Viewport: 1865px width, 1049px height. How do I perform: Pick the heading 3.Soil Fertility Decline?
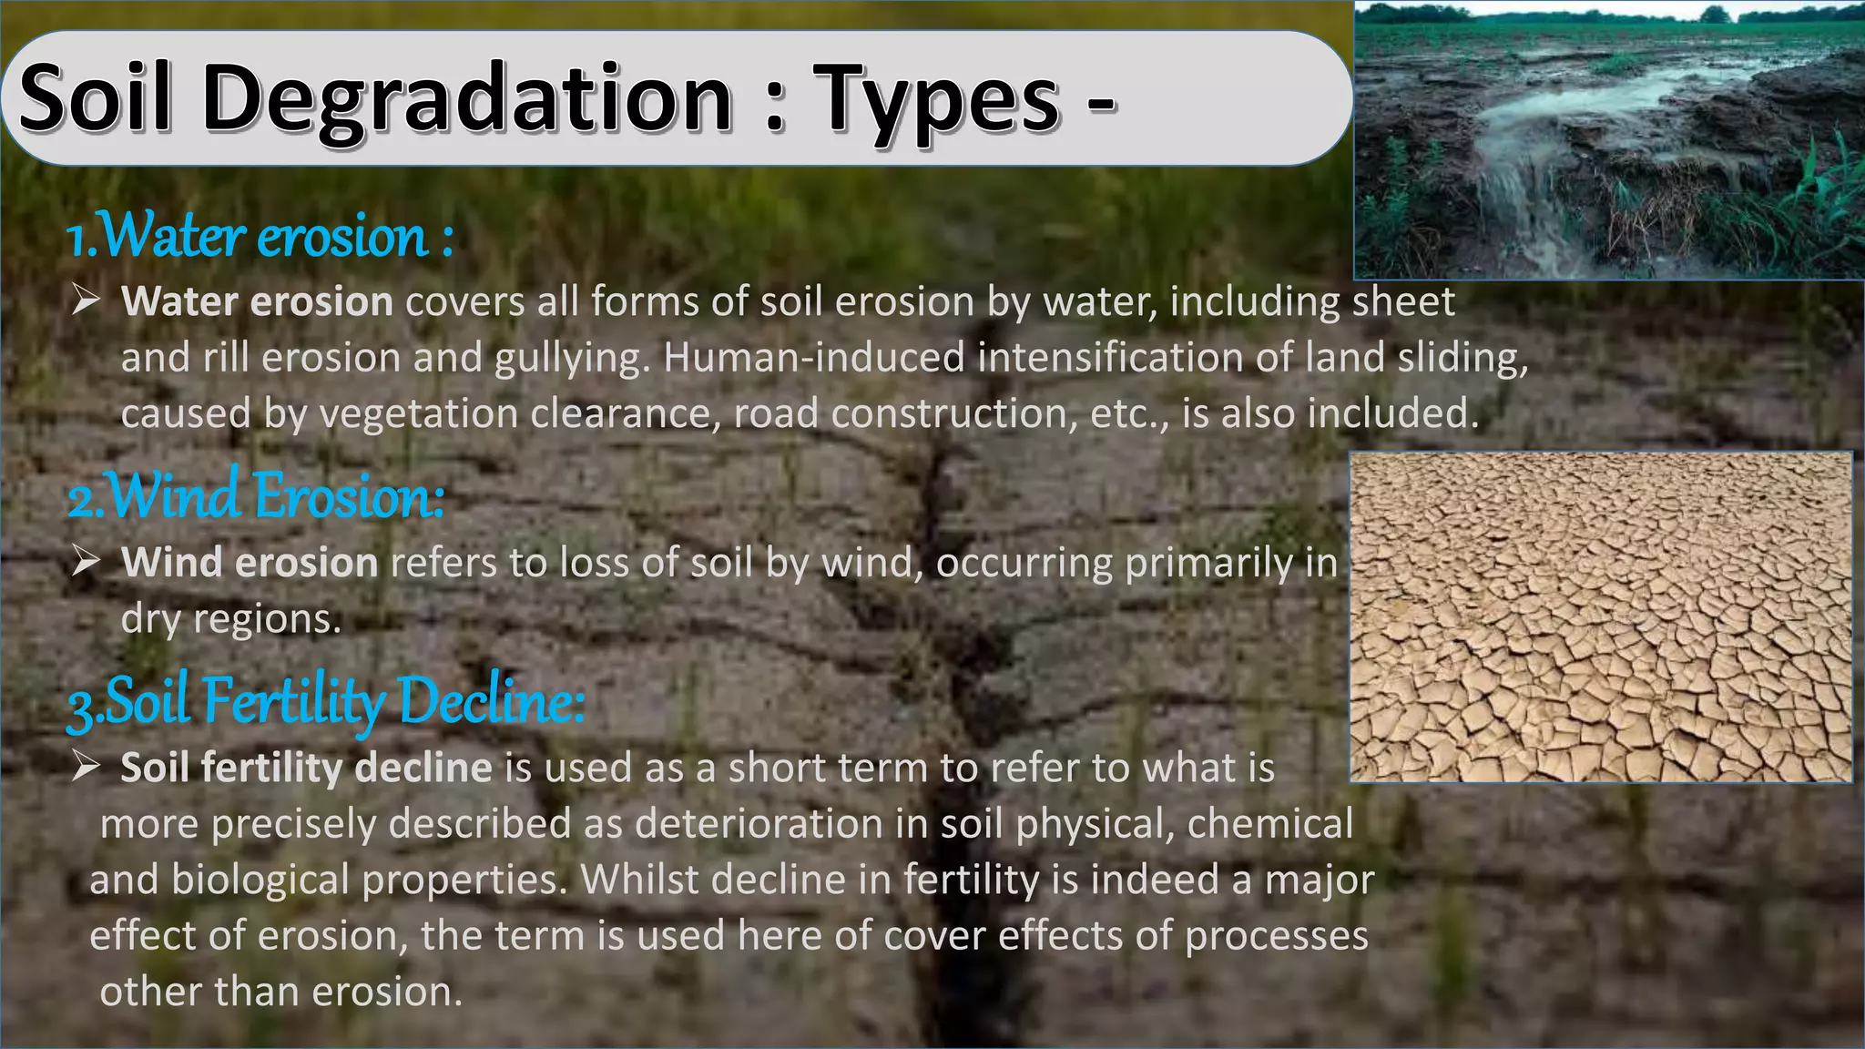326,701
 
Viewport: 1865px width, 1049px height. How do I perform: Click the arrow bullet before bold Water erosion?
86,300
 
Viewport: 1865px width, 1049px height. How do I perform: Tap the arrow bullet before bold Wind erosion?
86,561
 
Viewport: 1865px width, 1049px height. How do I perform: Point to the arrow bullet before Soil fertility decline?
86,767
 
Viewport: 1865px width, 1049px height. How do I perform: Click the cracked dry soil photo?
1600,616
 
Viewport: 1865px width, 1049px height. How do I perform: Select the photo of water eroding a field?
1609,141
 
